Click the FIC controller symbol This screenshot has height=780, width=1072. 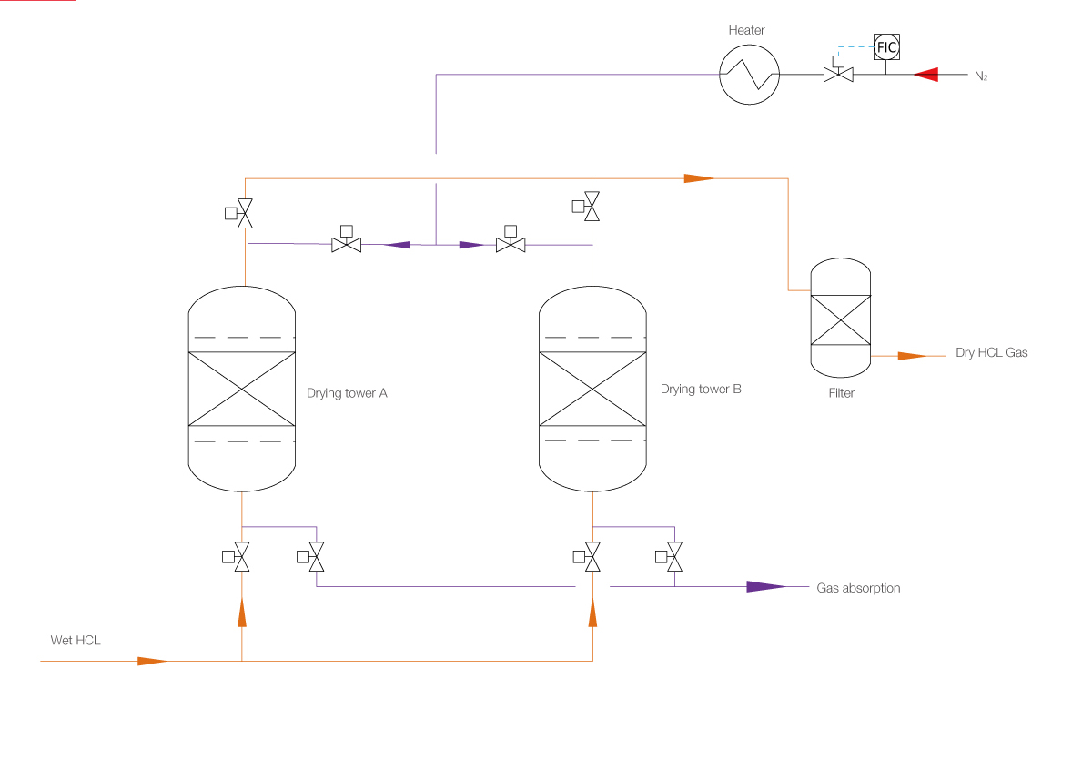click(885, 46)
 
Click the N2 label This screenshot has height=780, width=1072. click(980, 76)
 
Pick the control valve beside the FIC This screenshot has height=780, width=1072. click(837, 74)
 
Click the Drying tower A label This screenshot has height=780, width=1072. click(347, 393)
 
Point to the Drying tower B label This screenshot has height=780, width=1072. click(701, 389)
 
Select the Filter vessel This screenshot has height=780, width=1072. click(840, 319)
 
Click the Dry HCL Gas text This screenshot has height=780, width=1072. click(991, 352)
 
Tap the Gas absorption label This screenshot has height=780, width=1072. click(858, 588)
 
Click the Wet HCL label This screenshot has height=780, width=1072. click(76, 641)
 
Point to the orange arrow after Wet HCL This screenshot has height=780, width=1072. click(152, 661)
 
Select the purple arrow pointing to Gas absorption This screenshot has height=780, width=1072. click(765, 587)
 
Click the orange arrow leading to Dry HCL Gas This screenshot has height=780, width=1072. click(912, 356)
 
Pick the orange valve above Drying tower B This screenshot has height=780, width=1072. click(592, 207)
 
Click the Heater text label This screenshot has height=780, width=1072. click(746, 30)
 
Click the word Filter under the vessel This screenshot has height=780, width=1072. click(841, 393)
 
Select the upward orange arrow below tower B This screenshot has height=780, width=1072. click(592, 614)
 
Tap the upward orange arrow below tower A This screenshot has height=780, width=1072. click(242, 613)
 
